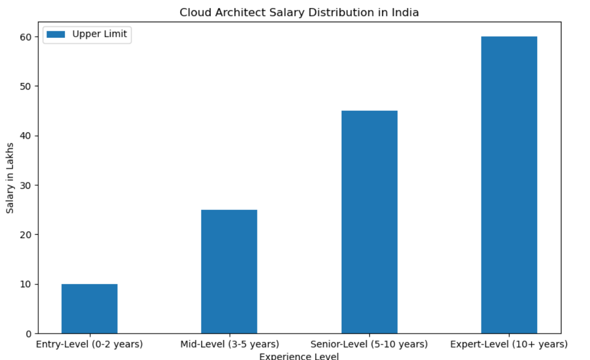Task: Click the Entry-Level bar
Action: (x=89, y=309)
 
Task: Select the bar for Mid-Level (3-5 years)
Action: (x=229, y=271)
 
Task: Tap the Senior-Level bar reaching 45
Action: (x=369, y=222)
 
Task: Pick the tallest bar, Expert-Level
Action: (x=509, y=185)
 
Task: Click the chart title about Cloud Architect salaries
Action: (x=299, y=12)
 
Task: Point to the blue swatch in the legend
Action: (x=56, y=35)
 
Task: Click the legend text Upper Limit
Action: (x=99, y=35)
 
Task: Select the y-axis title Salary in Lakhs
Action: (x=10, y=178)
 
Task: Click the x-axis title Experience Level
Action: (x=299, y=356)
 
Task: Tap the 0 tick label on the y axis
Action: (x=29, y=334)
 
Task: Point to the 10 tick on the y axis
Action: (x=26, y=284)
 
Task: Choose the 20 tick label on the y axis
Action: (x=26, y=235)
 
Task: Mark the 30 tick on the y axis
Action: (x=26, y=185)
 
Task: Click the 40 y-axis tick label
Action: (x=26, y=135)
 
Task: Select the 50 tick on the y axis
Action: (x=26, y=86)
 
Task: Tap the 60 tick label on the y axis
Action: (x=26, y=37)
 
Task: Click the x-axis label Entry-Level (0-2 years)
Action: (x=89, y=344)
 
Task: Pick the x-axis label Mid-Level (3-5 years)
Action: (x=229, y=344)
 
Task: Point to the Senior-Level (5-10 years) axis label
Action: (x=369, y=344)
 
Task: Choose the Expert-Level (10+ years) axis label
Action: (x=509, y=344)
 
